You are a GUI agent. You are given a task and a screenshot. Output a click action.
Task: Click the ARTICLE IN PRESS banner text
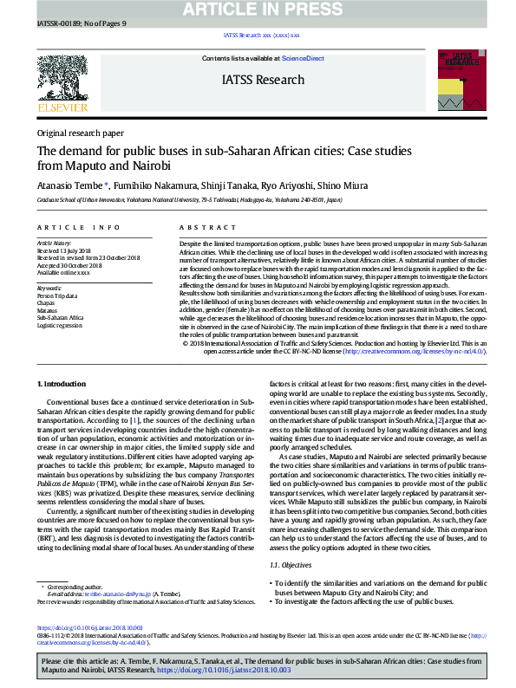tap(258, 10)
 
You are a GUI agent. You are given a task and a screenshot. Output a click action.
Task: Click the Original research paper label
tap(80, 133)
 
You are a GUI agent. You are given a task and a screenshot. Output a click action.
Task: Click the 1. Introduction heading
tap(62, 383)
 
